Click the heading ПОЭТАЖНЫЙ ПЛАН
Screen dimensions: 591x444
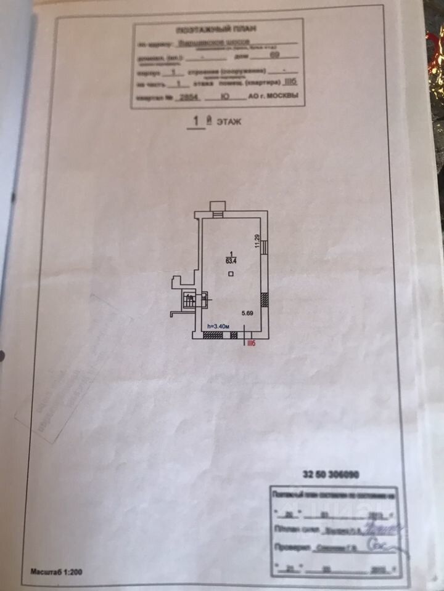coord(216,29)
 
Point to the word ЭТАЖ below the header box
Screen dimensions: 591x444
coord(228,122)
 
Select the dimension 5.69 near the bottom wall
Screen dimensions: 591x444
coord(247,313)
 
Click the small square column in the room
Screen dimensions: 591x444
coord(230,274)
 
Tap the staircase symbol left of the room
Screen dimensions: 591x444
coord(189,299)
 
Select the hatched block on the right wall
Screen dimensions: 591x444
coord(264,300)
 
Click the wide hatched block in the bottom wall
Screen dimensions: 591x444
coord(213,336)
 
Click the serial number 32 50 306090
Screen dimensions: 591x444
coord(331,474)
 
